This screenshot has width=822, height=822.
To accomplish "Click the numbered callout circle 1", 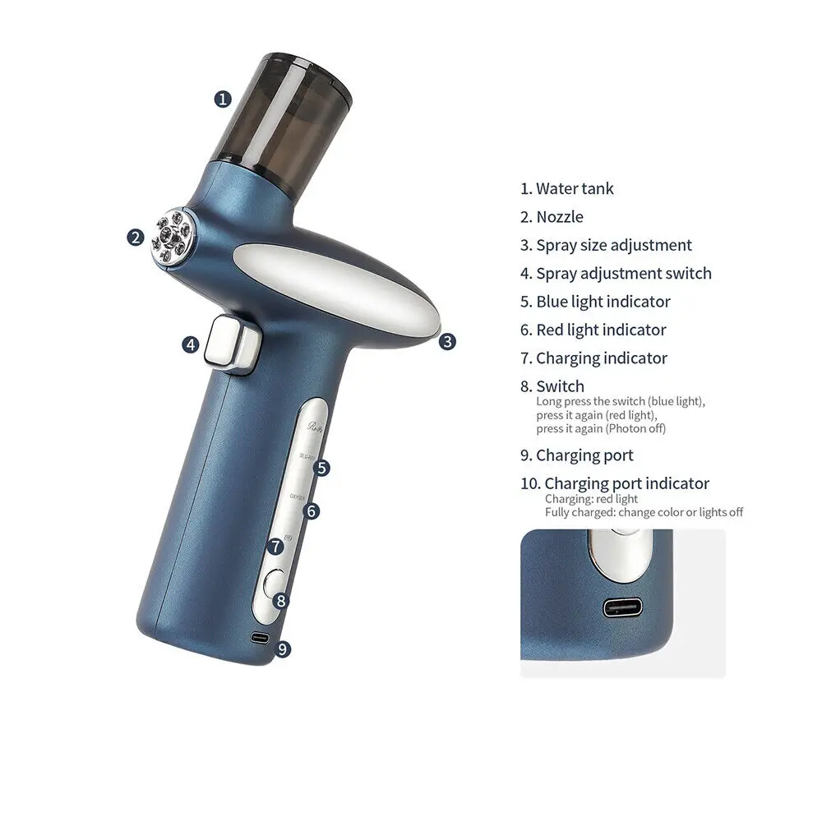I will click(x=222, y=99).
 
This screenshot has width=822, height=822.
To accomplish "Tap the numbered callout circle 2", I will click(x=136, y=238).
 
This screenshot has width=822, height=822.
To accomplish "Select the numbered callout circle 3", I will click(x=446, y=341).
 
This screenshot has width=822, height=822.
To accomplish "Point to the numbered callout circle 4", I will click(x=191, y=344).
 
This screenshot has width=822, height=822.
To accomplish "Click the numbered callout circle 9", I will click(x=282, y=649).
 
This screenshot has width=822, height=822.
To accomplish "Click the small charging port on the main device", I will click(x=260, y=638).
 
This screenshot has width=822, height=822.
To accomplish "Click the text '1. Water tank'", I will click(x=566, y=189).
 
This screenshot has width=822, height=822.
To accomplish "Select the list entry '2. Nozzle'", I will click(x=552, y=217).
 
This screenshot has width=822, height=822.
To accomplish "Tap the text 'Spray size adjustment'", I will click(x=613, y=245).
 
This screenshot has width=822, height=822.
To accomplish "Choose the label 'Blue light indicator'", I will click(x=603, y=302).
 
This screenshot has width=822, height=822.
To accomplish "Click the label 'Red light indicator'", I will click(x=601, y=330).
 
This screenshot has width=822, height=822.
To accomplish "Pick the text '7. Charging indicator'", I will click(x=593, y=358).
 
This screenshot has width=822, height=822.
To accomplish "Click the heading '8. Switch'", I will click(x=552, y=386).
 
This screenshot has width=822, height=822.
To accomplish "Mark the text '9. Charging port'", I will click(x=576, y=455).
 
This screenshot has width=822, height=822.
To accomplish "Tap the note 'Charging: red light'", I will click(x=591, y=499).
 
